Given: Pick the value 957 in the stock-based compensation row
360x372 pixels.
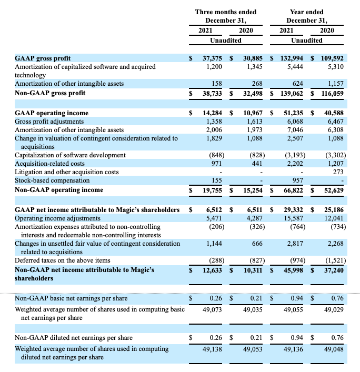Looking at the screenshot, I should [x=297, y=180].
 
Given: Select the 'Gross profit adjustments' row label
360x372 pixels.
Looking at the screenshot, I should [x=50, y=121].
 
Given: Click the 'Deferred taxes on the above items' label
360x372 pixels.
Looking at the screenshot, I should [x=63, y=260].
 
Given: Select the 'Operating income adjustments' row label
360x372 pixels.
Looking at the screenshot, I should [x=57, y=218].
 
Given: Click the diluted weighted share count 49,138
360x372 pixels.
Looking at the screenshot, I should [x=213, y=348].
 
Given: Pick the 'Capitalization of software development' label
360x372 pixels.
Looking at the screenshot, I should [x=70, y=155].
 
